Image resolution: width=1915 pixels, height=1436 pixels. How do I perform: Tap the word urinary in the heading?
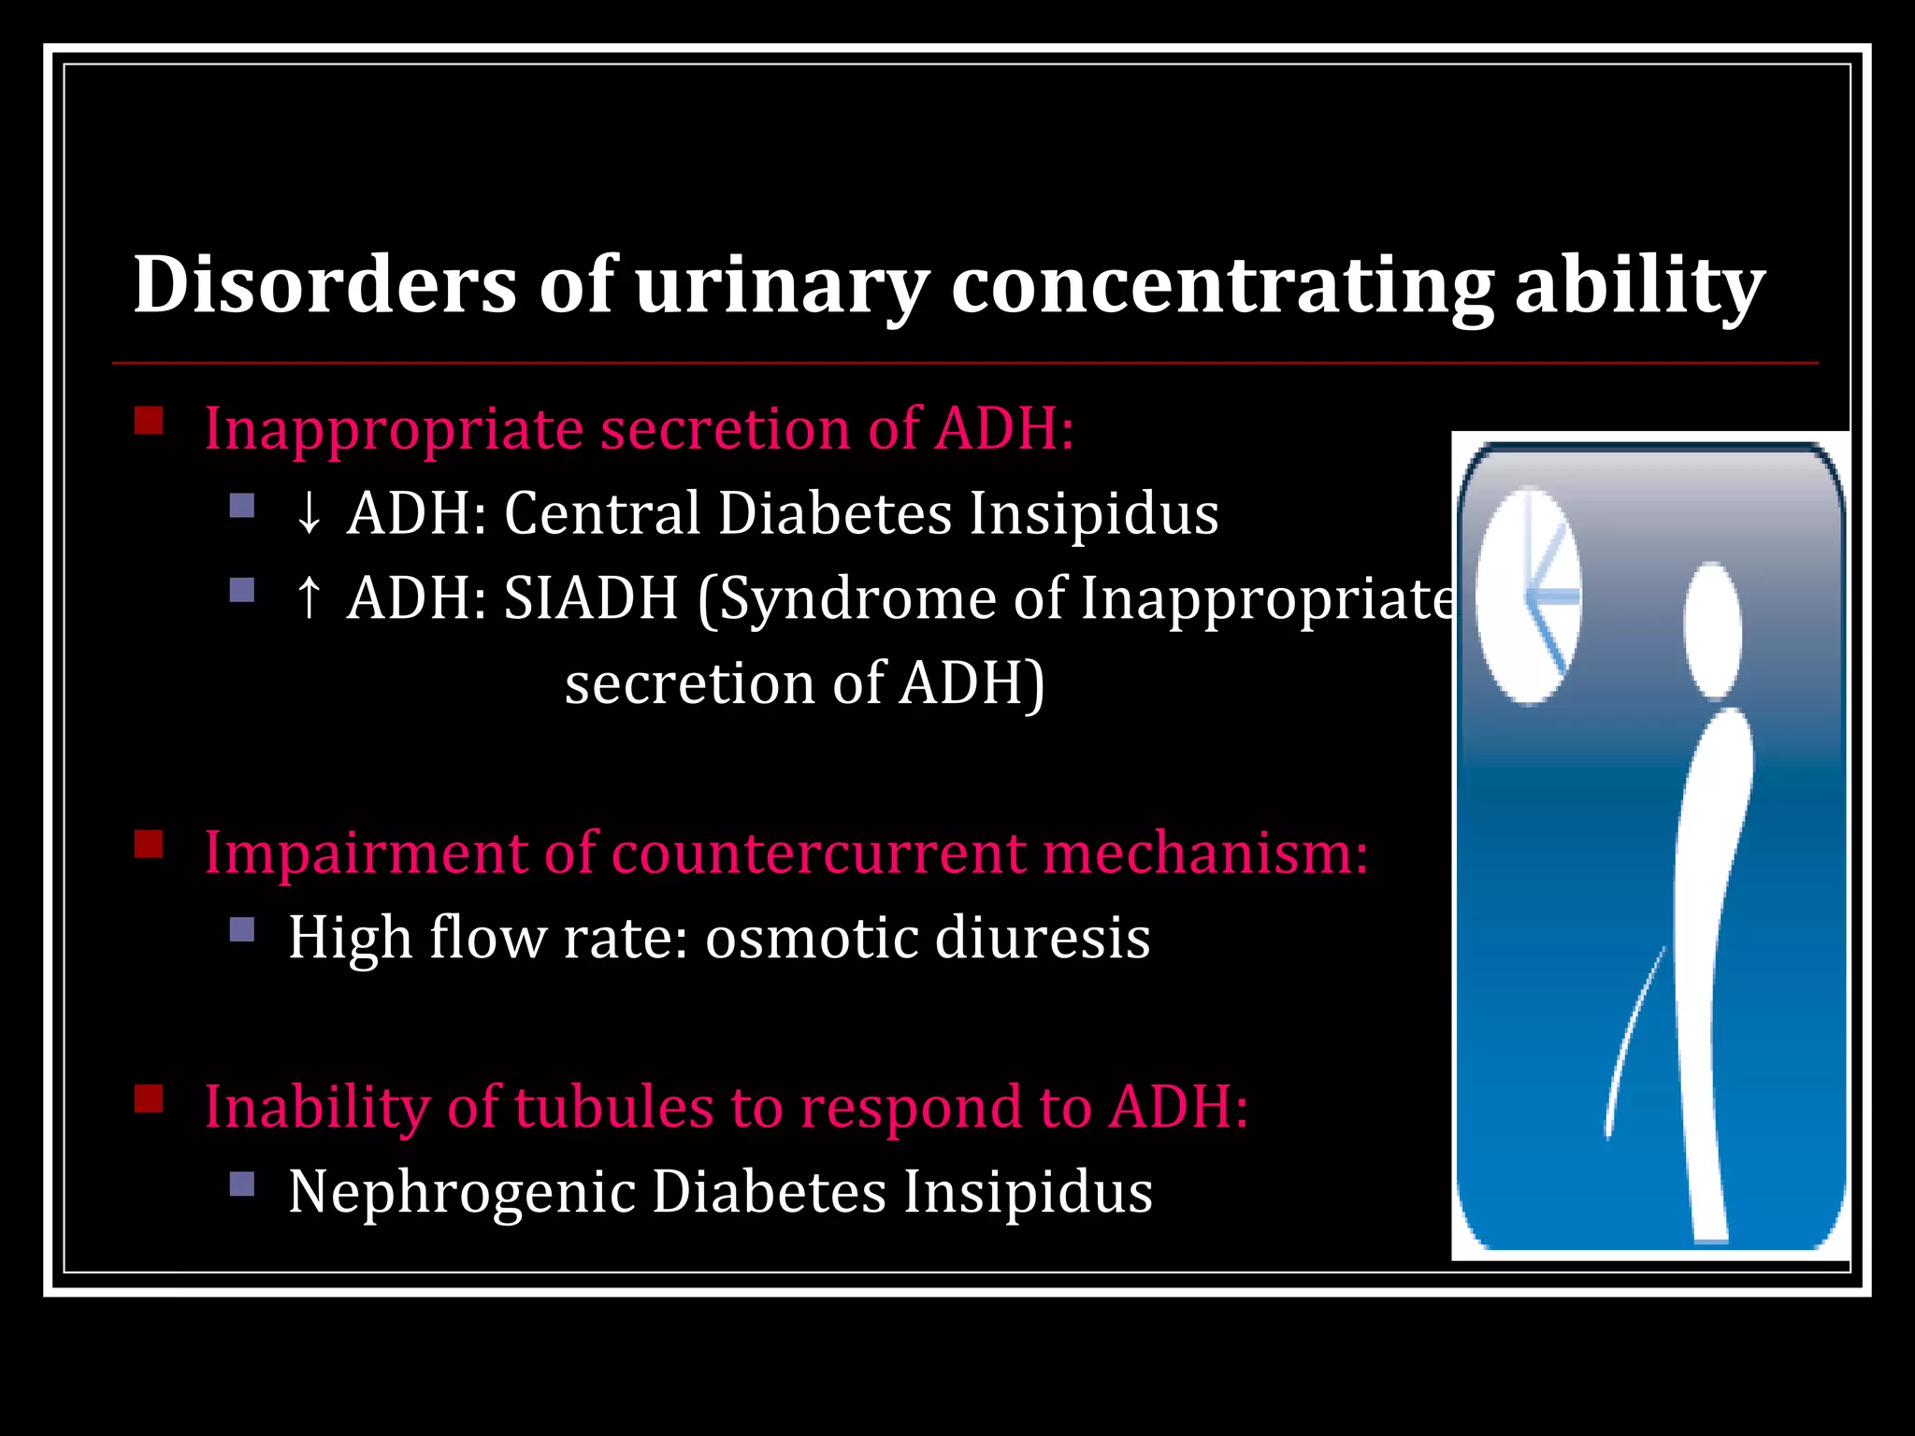coord(782,285)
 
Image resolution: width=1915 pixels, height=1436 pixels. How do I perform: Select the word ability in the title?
coord(1639,285)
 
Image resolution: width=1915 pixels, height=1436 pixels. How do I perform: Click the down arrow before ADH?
coord(309,514)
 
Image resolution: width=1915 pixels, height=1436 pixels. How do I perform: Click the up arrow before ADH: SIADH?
coord(309,598)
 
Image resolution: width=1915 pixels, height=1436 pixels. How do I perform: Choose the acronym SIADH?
coord(590,598)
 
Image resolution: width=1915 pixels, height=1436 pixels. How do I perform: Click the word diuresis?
coord(1042,938)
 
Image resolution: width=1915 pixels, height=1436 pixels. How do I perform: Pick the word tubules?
coord(613,1107)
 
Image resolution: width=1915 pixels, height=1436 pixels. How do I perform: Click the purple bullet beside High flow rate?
coord(242,929)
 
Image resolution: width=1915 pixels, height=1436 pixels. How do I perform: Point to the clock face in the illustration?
coord(1528,596)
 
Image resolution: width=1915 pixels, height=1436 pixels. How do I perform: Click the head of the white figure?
coord(1712,629)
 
